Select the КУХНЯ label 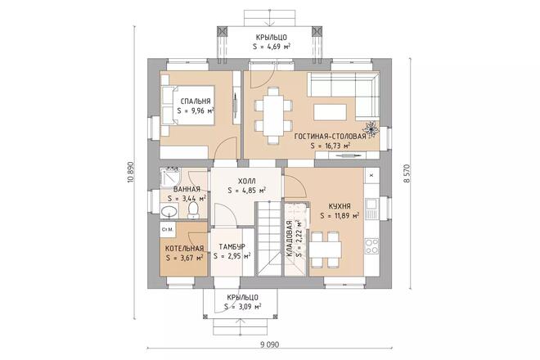[x=336, y=207]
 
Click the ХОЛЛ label [x=245, y=182]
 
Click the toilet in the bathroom [x=192, y=212]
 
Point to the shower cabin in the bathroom [x=170, y=178]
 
